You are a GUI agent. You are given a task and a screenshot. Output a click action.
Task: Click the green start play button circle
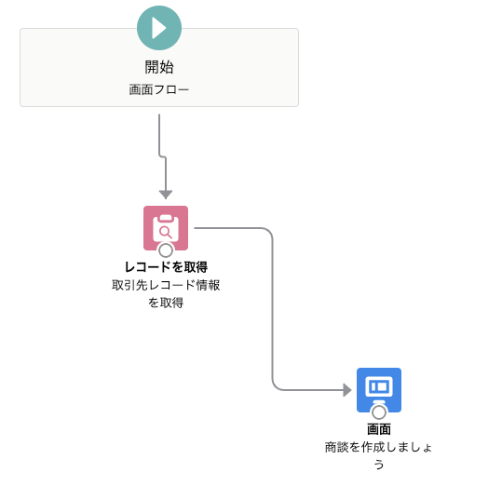coord(159,28)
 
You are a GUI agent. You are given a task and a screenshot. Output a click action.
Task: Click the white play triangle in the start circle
coord(158,28)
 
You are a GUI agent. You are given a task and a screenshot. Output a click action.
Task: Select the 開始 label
coord(159,67)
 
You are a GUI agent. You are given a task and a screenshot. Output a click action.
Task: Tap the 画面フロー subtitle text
coord(159,89)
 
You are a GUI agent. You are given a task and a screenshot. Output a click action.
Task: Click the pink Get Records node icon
coord(166,228)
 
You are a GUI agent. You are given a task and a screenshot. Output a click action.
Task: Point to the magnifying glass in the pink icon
coord(166,232)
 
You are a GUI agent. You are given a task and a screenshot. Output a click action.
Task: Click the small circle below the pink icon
coord(166,250)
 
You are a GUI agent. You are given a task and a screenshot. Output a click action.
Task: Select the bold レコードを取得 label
coord(166,267)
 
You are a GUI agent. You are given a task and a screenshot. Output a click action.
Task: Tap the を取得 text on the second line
coord(166,303)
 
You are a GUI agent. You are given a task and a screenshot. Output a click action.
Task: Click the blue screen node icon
coord(379,390)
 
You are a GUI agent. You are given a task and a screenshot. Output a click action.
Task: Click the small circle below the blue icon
coord(379,412)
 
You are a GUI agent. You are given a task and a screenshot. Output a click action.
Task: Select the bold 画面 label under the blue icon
coord(379,429)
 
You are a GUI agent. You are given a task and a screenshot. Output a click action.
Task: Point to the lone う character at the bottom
coord(379,465)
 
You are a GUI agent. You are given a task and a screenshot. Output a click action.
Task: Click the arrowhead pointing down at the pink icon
coord(166,195)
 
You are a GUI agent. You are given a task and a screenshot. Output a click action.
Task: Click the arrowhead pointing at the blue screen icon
coord(347,390)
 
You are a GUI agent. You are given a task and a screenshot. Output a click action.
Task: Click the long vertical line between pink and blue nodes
coord(273,309)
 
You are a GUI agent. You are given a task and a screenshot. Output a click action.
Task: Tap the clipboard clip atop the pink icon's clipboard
coord(166,218)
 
